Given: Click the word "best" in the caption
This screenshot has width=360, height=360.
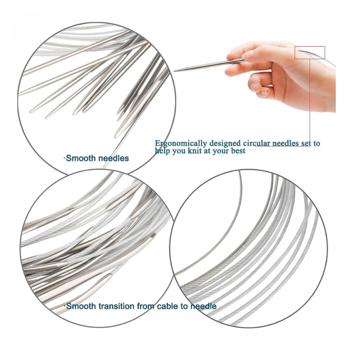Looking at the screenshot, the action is (x=238, y=151).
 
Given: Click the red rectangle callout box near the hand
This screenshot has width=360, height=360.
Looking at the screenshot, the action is (x=310, y=53).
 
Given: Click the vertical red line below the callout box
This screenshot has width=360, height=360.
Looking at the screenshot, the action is (x=310, y=103).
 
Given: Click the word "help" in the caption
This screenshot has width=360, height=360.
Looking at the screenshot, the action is (x=162, y=151).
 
